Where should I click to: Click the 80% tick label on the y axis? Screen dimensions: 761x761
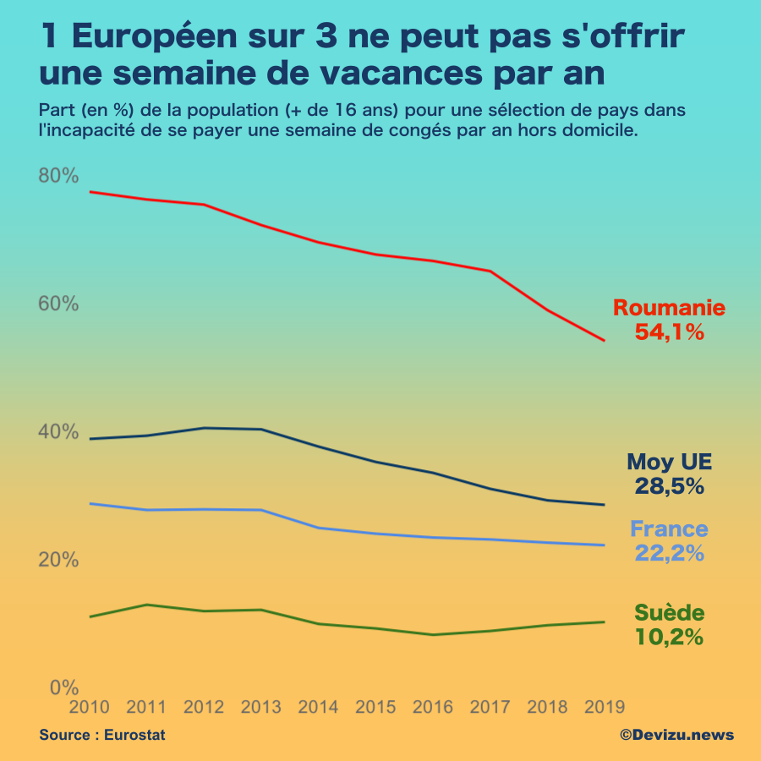58,176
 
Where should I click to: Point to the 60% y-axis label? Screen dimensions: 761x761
58,304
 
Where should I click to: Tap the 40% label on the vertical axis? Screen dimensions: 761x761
58,432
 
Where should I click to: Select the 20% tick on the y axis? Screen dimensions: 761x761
58,560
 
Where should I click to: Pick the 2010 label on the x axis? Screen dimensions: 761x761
90,707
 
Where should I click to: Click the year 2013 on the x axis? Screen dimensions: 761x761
261,707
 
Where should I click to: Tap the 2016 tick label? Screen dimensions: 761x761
432,707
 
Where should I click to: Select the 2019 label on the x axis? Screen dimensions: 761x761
604,707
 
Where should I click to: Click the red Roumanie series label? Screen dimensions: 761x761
669,308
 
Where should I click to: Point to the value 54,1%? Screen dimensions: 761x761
669,332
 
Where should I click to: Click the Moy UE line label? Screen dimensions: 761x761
669,462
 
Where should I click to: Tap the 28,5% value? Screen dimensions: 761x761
669,486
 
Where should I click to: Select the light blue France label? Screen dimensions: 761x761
669,529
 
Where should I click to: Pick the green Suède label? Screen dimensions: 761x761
669,613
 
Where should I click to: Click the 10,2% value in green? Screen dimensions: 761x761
669,638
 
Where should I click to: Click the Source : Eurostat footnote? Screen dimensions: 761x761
102,735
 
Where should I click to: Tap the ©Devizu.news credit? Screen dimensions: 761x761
676,735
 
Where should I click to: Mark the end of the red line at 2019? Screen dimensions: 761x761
604,341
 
